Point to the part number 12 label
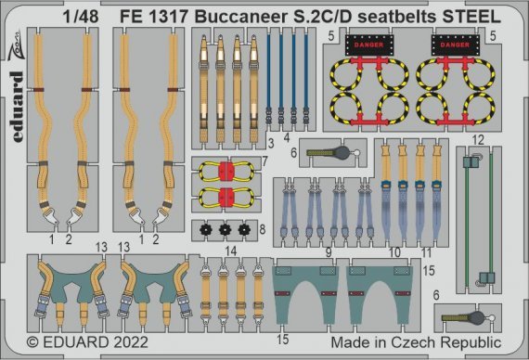(x=477, y=140)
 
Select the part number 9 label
(x=327, y=251)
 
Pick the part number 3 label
(x=269, y=143)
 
